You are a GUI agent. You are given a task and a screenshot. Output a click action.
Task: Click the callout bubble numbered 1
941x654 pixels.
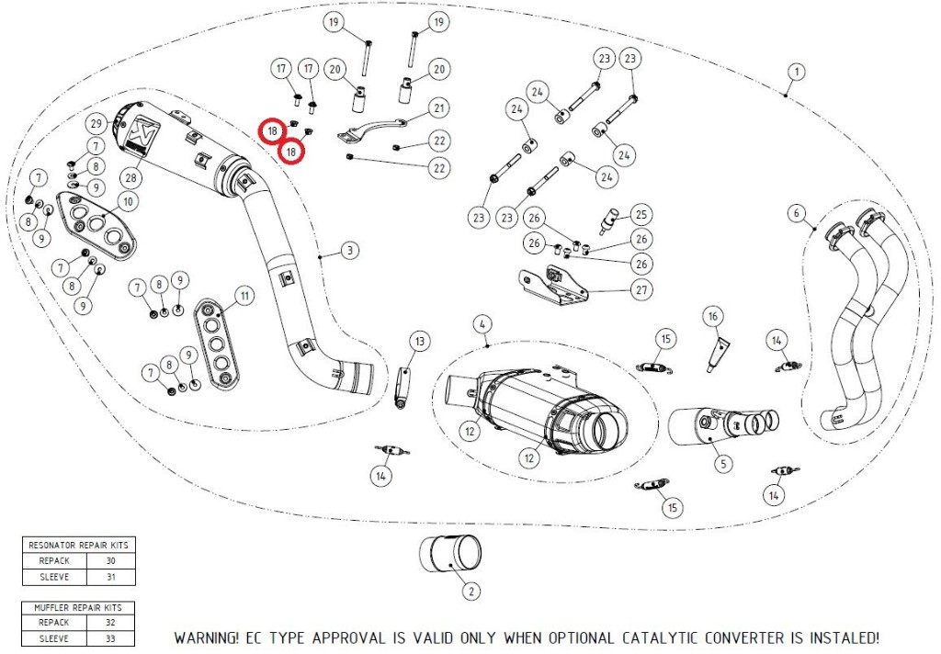click(x=797, y=71)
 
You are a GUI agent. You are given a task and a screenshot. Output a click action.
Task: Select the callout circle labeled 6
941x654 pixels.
click(x=796, y=213)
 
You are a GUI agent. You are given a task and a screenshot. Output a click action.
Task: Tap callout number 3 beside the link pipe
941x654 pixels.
click(x=349, y=250)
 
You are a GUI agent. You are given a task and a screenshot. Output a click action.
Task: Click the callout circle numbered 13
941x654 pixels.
click(x=419, y=342)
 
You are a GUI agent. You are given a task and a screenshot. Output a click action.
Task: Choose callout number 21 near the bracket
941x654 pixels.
click(x=439, y=108)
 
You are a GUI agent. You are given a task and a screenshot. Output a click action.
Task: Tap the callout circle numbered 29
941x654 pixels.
click(x=95, y=123)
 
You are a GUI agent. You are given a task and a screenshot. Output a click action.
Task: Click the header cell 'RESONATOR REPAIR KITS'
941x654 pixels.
click(x=78, y=545)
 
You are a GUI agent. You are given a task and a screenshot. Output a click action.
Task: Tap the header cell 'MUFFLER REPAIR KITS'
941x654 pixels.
click(x=78, y=607)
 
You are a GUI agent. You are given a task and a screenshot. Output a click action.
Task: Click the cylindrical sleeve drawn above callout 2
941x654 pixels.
click(x=450, y=554)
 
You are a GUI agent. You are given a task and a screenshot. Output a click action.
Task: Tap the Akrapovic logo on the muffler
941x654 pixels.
click(x=141, y=135)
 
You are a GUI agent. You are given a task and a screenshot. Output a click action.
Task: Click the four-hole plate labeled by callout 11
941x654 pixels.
click(x=216, y=339)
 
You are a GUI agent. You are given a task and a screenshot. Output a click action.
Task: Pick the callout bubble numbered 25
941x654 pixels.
click(x=641, y=215)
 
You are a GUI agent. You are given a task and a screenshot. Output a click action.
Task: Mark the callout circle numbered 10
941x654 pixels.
click(x=127, y=200)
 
